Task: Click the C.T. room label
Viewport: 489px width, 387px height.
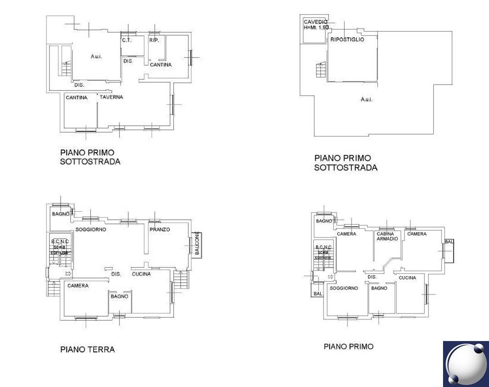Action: (127, 40)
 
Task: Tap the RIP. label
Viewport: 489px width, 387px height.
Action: (154, 40)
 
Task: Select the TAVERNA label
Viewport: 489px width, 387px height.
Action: (111, 97)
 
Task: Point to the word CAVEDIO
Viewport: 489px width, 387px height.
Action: (315, 22)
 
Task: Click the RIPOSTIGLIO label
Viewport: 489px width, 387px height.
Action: (347, 40)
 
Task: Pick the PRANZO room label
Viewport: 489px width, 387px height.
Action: (159, 229)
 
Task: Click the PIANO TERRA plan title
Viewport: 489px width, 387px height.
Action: (87, 349)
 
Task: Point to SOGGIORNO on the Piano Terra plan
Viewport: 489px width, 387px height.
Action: (91, 229)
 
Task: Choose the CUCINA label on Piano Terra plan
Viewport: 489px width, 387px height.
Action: (142, 274)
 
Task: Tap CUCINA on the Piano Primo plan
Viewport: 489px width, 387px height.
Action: (407, 278)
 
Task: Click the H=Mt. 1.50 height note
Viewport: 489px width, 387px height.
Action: (316, 28)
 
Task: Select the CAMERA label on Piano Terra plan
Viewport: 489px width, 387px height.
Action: (78, 286)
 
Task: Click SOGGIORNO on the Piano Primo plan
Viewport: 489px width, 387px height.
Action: (344, 288)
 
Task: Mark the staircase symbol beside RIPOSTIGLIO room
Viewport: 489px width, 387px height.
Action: (320, 71)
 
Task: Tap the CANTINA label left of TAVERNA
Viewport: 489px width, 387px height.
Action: (76, 97)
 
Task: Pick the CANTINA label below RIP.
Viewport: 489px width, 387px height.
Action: (161, 65)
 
